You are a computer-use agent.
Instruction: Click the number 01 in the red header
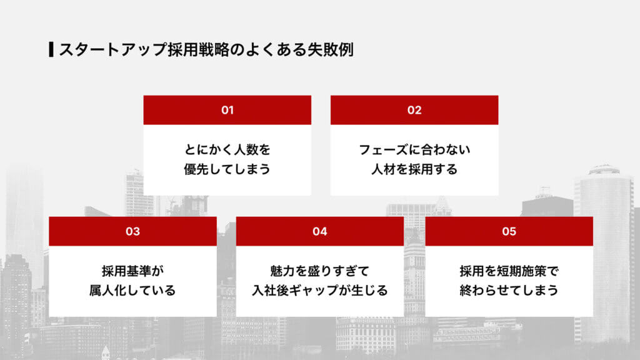click(227, 110)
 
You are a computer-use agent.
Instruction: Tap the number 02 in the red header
click(414, 110)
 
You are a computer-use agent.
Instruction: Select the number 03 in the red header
click(132, 231)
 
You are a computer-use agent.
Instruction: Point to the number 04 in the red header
click(320, 231)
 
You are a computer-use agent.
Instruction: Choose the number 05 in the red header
click(509, 231)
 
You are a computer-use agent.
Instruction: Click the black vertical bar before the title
click(51, 50)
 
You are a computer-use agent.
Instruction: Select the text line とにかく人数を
click(227, 150)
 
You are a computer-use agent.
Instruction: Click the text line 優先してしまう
click(227, 169)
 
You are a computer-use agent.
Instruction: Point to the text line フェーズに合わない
click(414, 150)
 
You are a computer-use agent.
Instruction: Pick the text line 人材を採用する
click(414, 169)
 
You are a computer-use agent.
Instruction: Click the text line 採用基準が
click(132, 271)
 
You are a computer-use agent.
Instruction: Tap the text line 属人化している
click(132, 291)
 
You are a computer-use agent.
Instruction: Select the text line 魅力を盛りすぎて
click(320, 271)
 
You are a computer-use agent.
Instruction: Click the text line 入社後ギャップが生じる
click(320, 291)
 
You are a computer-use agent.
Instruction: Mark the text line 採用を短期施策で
click(509, 271)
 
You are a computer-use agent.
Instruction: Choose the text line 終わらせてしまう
click(509, 291)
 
